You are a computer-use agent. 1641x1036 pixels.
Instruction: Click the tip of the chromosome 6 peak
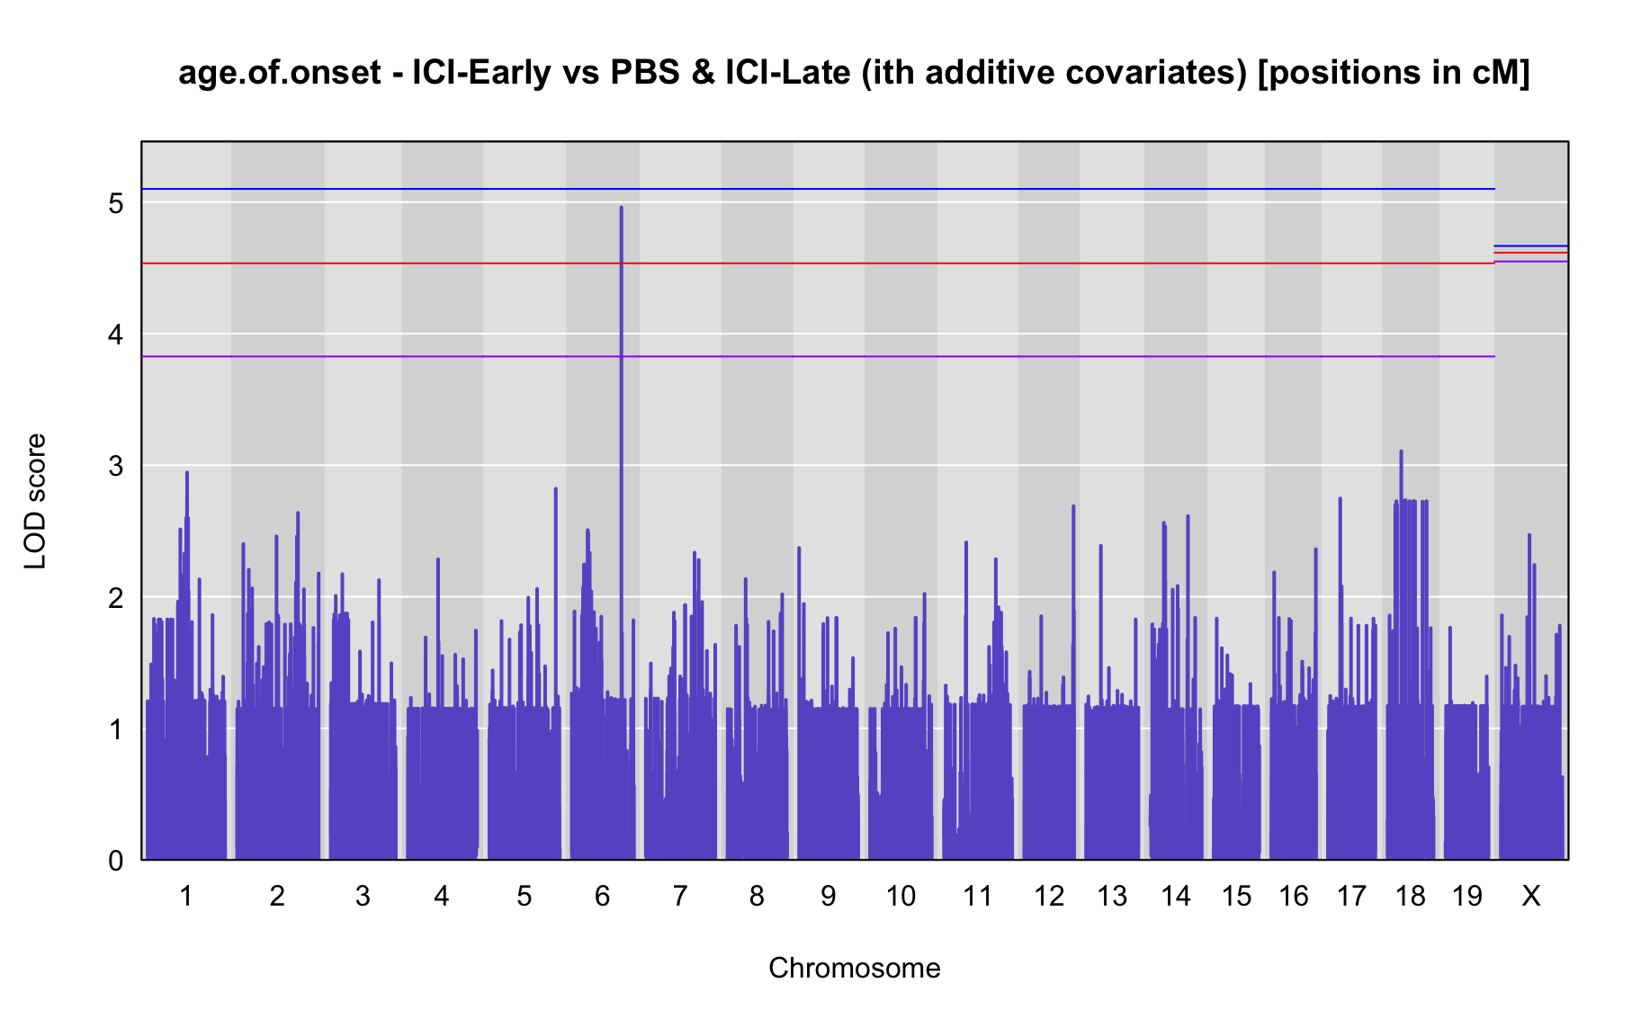point(621,208)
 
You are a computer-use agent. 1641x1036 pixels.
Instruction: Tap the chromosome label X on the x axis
point(1531,896)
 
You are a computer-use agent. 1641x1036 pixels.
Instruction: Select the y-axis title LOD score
point(36,501)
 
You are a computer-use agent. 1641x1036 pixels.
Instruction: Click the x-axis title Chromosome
point(855,968)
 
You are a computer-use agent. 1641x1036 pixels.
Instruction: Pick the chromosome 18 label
point(1411,896)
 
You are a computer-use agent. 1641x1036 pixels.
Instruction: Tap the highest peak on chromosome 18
point(1401,451)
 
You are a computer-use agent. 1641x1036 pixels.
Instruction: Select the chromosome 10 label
point(901,896)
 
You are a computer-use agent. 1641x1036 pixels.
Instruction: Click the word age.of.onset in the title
point(280,73)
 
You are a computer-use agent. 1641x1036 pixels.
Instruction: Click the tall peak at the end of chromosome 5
point(555,489)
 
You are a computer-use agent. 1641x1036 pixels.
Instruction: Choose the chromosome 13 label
point(1112,896)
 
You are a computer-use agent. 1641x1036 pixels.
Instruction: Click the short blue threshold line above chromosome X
point(1531,246)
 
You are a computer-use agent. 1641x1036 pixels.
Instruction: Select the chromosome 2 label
point(277,896)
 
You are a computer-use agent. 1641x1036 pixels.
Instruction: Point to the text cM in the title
point(1496,73)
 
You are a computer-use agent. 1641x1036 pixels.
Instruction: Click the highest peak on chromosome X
point(1529,536)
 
